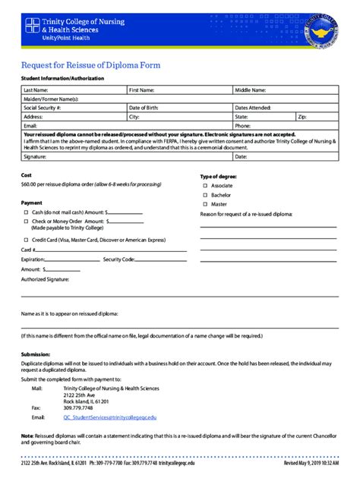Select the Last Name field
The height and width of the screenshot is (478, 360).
pyautogui.click(x=73, y=90)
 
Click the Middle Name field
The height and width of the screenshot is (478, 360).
pyautogui.click(x=285, y=90)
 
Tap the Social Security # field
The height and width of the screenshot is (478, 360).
pyautogui.click(x=73, y=108)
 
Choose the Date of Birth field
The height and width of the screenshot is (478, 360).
pyautogui.click(x=179, y=108)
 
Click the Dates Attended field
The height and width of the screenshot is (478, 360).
pyautogui.click(x=285, y=108)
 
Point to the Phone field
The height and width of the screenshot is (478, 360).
pyautogui.click(x=285, y=126)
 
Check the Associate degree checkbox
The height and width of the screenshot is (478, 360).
pyautogui.click(x=204, y=186)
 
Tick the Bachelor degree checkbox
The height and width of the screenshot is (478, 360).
pyautogui.click(x=204, y=195)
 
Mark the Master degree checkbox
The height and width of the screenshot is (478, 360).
pyautogui.click(x=204, y=204)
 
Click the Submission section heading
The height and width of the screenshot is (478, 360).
pyautogui.click(x=36, y=354)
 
